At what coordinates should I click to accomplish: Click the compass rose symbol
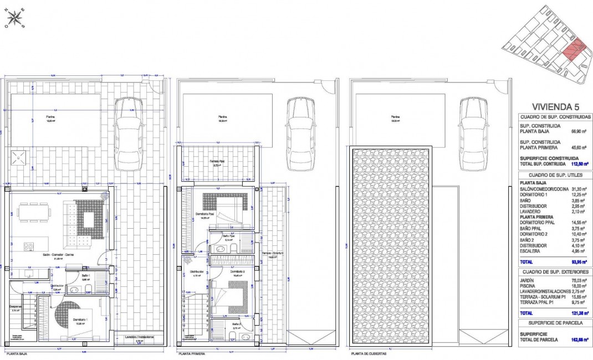pyautogui.click(x=14, y=18)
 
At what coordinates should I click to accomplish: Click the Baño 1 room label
pyautogui.click(x=86, y=275)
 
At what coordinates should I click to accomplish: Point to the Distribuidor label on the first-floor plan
pyautogui.click(x=197, y=271)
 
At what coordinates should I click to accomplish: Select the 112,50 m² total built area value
pyautogui.click(x=580, y=164)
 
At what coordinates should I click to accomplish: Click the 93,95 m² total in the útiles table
pyautogui.click(x=580, y=261)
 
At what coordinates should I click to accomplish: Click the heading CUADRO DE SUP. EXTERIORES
pyautogui.click(x=554, y=272)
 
